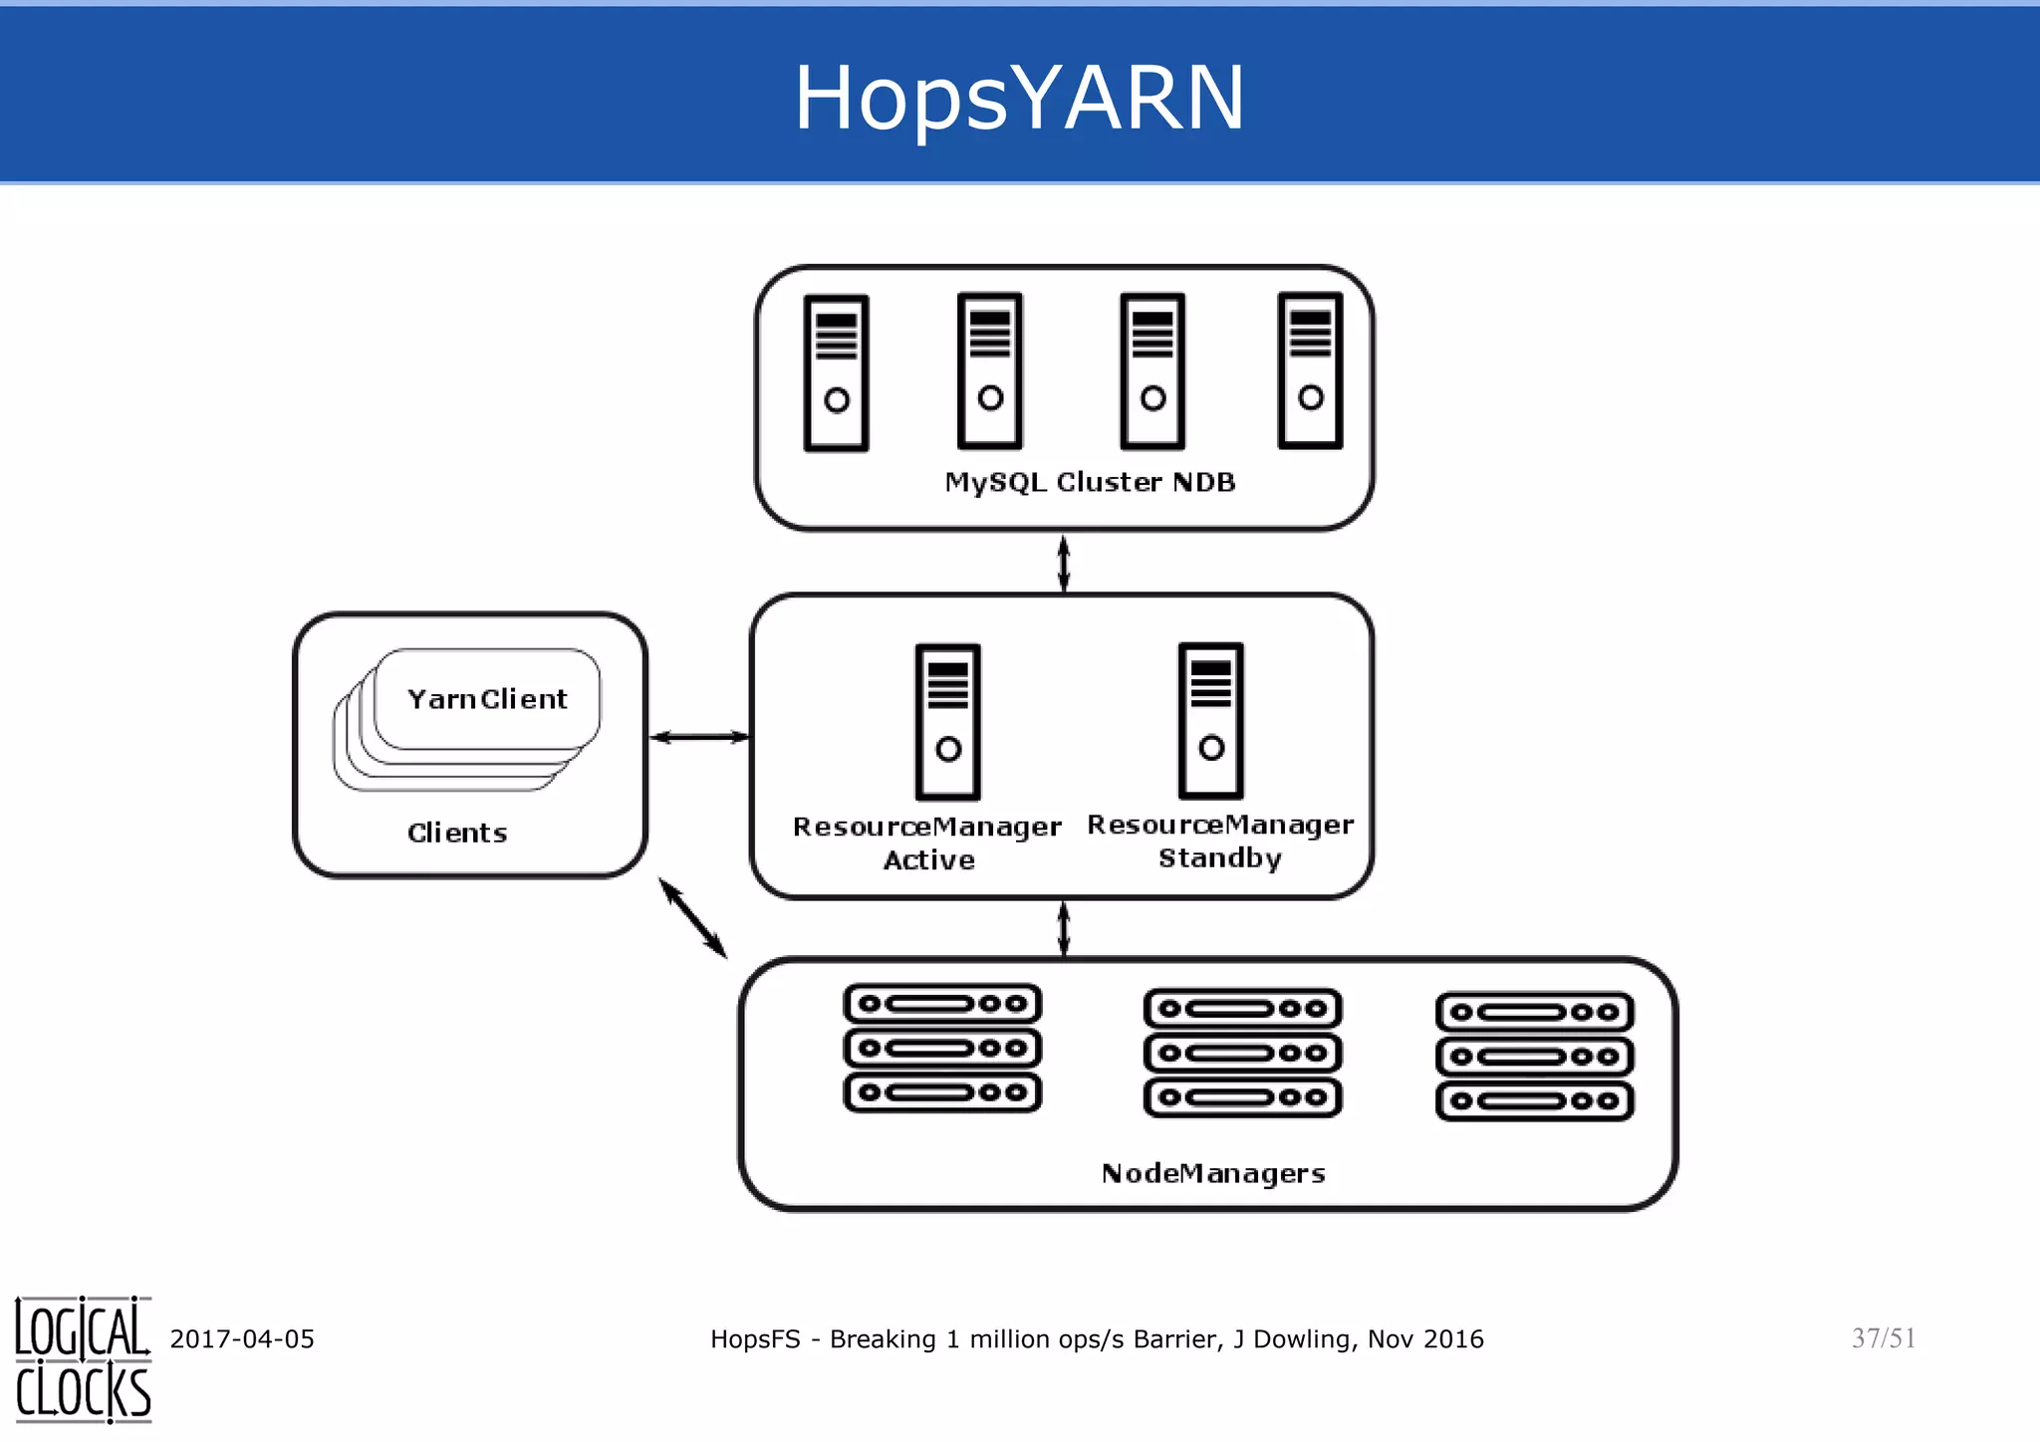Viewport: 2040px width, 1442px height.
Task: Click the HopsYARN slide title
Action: coord(1019,97)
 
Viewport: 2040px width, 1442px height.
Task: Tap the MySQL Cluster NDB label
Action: coord(1090,482)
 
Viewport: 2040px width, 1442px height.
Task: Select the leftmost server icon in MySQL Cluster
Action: coord(837,373)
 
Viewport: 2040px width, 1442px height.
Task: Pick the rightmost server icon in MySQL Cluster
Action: coord(1310,370)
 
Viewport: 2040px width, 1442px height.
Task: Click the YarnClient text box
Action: coord(487,699)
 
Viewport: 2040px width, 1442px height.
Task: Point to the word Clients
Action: coord(457,833)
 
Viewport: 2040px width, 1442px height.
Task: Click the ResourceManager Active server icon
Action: coord(948,721)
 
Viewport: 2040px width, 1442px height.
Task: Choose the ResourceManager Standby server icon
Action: coord(1210,720)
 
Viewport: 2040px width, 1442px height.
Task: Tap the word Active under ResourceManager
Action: coord(928,859)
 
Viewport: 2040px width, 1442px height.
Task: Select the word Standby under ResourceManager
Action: coord(1219,857)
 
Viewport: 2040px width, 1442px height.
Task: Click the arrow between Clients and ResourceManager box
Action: coord(699,737)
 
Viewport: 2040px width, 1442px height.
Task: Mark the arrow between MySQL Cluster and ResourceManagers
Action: coord(1064,563)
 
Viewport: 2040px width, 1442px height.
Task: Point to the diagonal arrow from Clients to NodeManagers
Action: coord(693,918)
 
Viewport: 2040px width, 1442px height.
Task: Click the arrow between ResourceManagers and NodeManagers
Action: coord(1064,928)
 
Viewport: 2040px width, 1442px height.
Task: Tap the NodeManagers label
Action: coord(1213,1173)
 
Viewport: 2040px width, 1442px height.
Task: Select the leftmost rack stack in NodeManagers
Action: coord(942,1048)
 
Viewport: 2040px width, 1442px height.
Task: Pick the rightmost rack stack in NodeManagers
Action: coord(1534,1057)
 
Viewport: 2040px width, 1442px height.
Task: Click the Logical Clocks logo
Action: coord(83,1359)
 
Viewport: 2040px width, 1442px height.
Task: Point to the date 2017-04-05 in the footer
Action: coord(242,1338)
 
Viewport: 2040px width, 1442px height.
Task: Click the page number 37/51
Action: coord(1883,1337)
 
